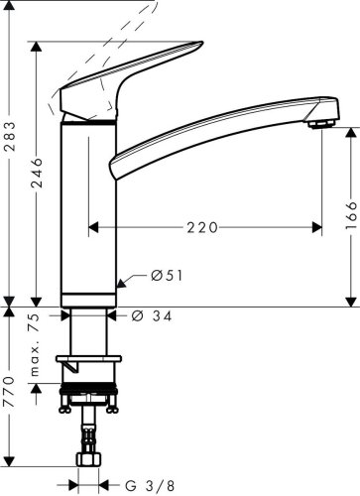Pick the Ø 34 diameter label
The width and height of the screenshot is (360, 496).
click(x=153, y=316)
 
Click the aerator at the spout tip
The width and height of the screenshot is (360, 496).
click(x=320, y=123)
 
